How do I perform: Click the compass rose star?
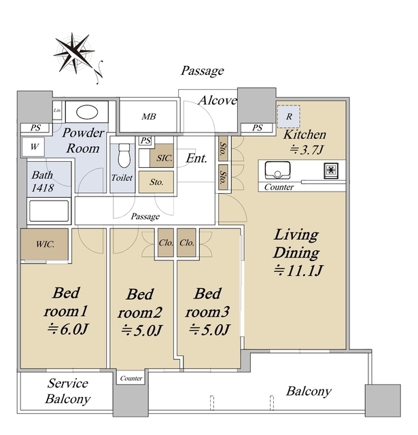74,53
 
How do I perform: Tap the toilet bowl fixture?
124,156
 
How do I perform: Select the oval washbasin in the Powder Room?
87,112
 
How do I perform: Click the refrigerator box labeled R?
289,116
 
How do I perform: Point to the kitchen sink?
278,170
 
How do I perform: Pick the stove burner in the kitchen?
331,171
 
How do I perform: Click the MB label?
149,116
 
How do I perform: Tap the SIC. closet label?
164,158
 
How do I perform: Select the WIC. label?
46,245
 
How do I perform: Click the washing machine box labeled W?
33,147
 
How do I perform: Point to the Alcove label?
217,100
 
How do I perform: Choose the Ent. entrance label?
196,158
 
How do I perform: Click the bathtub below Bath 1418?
49,211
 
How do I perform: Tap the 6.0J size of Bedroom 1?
68,329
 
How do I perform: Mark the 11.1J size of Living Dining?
298,271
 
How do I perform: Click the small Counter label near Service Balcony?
131,379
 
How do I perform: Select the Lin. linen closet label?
57,110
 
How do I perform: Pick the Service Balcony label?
68,391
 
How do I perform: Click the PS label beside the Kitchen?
258,128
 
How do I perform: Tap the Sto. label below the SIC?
156,182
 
